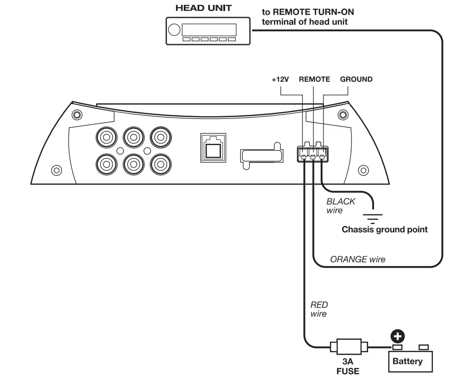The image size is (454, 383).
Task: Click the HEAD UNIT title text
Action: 204,8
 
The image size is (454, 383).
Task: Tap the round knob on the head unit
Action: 174,30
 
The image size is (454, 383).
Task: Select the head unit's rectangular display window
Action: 209,30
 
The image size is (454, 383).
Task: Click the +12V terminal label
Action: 280,79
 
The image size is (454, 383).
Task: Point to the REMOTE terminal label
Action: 314,79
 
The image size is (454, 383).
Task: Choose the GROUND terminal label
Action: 356,79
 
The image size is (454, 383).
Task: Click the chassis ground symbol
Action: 373,219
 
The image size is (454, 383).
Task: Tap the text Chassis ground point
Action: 385,230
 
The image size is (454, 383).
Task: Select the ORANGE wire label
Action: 358,259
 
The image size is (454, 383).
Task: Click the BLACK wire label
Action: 340,206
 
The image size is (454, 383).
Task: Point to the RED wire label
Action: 319,309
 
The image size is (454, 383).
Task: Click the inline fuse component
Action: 349,347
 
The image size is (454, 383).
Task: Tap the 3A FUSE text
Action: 348,366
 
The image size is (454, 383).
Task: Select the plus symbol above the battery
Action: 397,337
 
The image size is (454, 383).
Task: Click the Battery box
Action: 410,361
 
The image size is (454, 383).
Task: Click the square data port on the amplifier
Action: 213,148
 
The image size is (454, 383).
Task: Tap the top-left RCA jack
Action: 107,137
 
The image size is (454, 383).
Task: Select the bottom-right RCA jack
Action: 161,164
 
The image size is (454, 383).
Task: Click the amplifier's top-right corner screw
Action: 343,115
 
